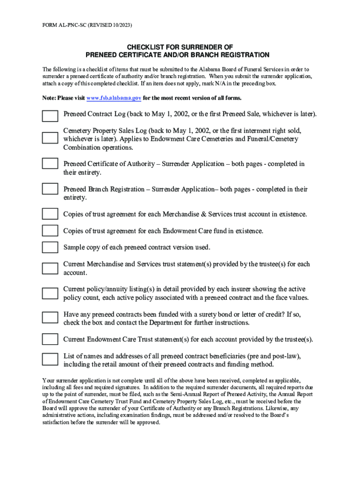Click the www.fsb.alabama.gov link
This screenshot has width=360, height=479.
(114, 98)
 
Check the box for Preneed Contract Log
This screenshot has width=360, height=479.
(50, 116)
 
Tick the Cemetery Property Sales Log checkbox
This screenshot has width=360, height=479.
(50, 138)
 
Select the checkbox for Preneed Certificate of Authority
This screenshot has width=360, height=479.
(50, 163)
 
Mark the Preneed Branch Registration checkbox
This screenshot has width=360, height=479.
(50, 189)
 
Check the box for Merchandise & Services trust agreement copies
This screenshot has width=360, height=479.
(50, 214)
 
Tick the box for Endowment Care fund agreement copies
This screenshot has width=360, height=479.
(50, 231)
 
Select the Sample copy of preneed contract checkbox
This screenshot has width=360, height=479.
(50, 247)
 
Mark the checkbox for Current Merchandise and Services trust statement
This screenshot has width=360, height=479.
(50, 268)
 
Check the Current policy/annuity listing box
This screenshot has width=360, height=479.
(50, 293)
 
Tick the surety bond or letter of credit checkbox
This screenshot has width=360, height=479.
(50, 317)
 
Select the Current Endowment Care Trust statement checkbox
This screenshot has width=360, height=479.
(50, 339)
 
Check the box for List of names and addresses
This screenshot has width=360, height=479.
(50, 359)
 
